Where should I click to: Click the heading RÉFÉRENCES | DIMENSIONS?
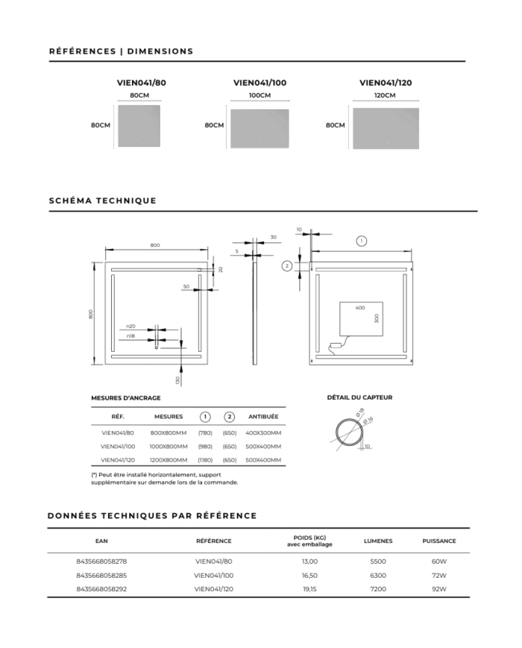click(x=121, y=51)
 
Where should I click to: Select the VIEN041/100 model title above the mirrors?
click(x=260, y=83)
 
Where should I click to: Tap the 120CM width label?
click(x=385, y=95)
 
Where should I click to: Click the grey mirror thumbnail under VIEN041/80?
click(x=139, y=125)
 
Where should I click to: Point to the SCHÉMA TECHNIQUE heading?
click(x=102, y=201)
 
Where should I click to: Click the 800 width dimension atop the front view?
click(x=155, y=245)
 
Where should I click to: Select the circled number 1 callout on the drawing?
click(x=361, y=241)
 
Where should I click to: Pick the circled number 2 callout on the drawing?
click(x=287, y=265)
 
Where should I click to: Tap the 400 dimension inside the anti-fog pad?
click(x=360, y=308)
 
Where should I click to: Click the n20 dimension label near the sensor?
click(x=130, y=327)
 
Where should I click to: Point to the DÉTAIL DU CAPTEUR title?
click(x=359, y=397)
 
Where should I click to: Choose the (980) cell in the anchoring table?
click(x=205, y=446)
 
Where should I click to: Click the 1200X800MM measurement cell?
click(x=168, y=460)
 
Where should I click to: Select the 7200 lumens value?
click(x=378, y=589)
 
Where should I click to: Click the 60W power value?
click(x=438, y=561)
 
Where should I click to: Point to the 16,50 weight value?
click(x=309, y=575)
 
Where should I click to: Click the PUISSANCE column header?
click(x=438, y=541)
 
